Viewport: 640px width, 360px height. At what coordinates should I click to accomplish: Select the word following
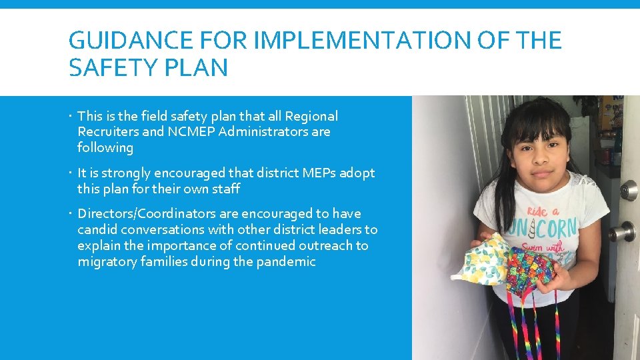click(x=105, y=148)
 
